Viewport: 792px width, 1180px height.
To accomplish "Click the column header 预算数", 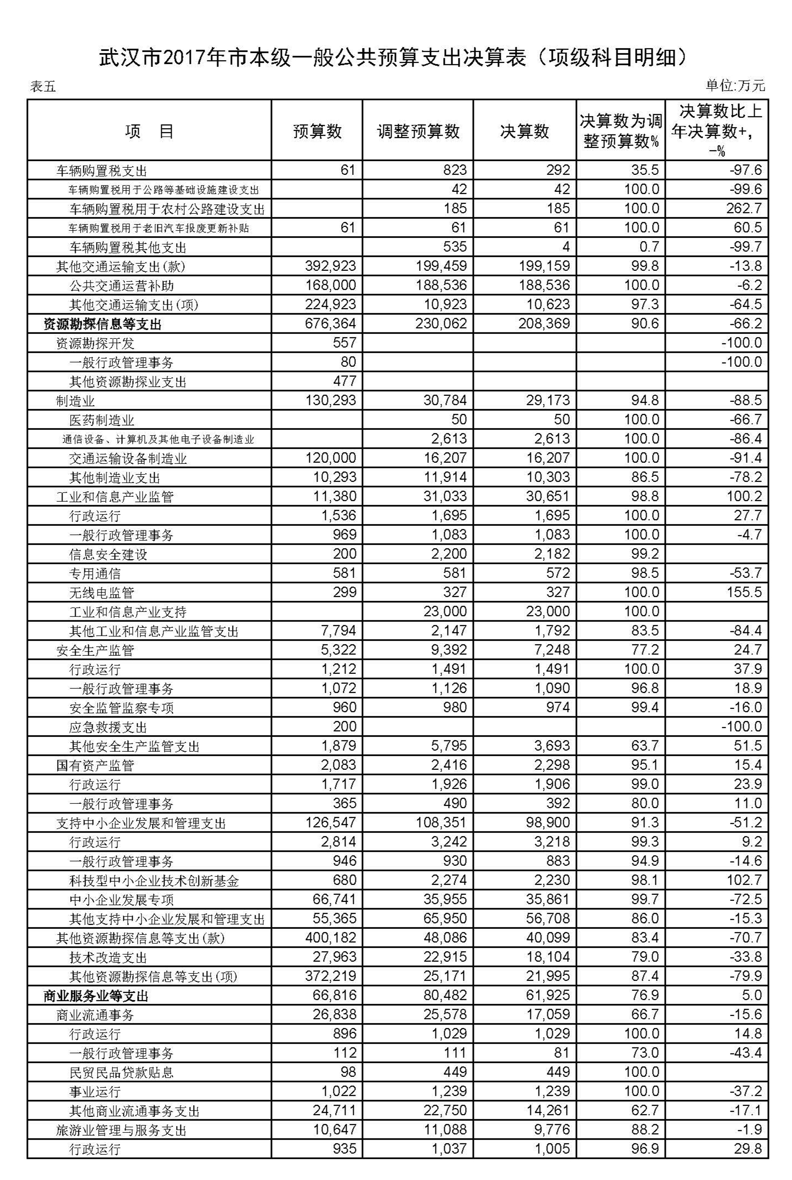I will tap(317, 132).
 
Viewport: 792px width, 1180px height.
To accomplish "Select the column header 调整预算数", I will tap(418, 132).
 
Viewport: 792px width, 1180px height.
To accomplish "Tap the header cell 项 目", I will tap(149, 132).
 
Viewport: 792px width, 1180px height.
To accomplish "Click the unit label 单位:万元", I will tap(734, 86).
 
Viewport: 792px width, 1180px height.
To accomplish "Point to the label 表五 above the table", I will tap(43, 87).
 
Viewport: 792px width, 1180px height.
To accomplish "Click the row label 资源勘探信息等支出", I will tap(103, 325).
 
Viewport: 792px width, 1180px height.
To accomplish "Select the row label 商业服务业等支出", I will tap(96, 996).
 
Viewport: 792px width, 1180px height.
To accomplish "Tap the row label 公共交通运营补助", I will tap(121, 286).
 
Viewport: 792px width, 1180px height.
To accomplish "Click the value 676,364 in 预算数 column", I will tap(330, 324).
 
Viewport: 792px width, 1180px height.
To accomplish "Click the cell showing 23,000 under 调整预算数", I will tap(445, 612).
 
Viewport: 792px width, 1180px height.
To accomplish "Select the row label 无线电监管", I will tap(101, 593).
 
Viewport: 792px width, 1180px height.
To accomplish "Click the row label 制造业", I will tap(75, 401).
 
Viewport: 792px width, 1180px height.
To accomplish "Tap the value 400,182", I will tap(330, 938).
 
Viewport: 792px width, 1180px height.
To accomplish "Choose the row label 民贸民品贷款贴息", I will tap(121, 1073).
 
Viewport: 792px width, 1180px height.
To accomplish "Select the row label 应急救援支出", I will tap(108, 728).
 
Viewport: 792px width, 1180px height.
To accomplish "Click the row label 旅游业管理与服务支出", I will tap(121, 1131).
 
